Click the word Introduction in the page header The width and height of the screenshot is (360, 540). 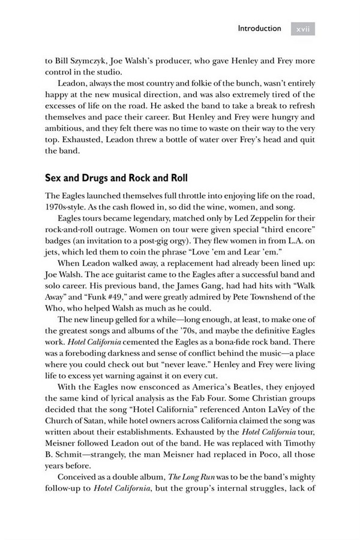coord(259,28)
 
